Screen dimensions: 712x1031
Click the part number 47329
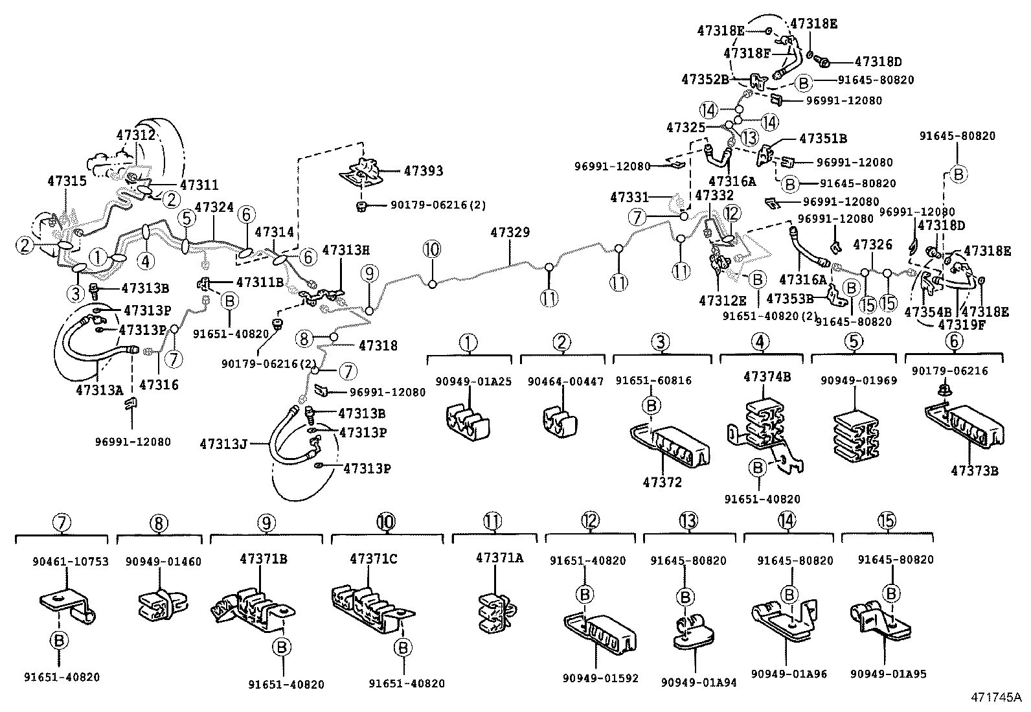click(510, 233)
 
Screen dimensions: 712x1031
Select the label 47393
click(424, 171)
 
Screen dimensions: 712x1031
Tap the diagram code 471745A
click(995, 698)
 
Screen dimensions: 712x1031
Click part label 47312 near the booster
click(136, 135)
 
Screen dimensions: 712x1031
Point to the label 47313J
click(224, 444)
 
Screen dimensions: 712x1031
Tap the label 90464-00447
click(562, 382)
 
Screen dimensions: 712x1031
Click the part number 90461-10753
click(62, 562)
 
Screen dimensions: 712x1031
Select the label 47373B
click(974, 470)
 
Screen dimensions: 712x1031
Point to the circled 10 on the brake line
click(431, 249)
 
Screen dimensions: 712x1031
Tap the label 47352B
click(705, 79)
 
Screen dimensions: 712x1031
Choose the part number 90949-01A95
click(889, 674)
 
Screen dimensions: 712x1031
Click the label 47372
click(662, 482)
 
